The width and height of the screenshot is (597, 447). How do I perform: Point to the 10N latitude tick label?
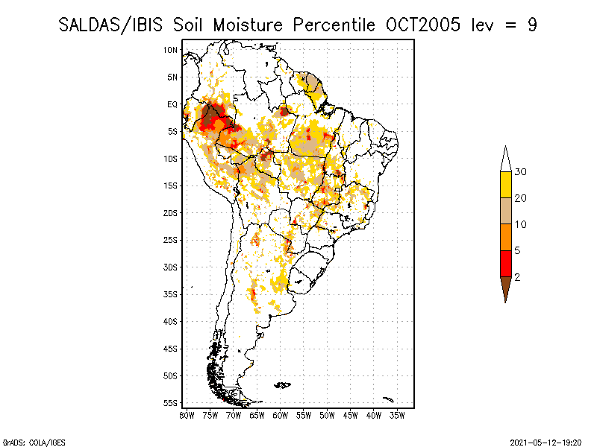point(171,50)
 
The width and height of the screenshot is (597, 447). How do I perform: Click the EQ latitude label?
point(172,105)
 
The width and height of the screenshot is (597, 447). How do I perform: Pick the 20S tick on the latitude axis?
point(171,213)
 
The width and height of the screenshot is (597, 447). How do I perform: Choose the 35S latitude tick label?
point(171,294)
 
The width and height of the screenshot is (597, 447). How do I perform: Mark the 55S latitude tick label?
point(171,403)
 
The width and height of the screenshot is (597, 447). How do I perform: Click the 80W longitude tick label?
point(187,414)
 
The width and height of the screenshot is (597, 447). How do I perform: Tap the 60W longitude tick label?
point(281,414)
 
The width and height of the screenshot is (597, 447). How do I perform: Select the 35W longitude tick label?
point(397,414)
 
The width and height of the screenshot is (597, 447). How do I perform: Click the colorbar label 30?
point(520,172)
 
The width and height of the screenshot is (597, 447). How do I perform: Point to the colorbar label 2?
point(517,276)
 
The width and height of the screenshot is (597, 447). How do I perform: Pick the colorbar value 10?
point(520,224)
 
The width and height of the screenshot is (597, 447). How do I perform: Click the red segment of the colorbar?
point(505,263)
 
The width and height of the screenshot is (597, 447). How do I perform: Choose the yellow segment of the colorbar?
point(505,185)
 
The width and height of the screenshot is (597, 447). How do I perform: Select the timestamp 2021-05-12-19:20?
point(546,441)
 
